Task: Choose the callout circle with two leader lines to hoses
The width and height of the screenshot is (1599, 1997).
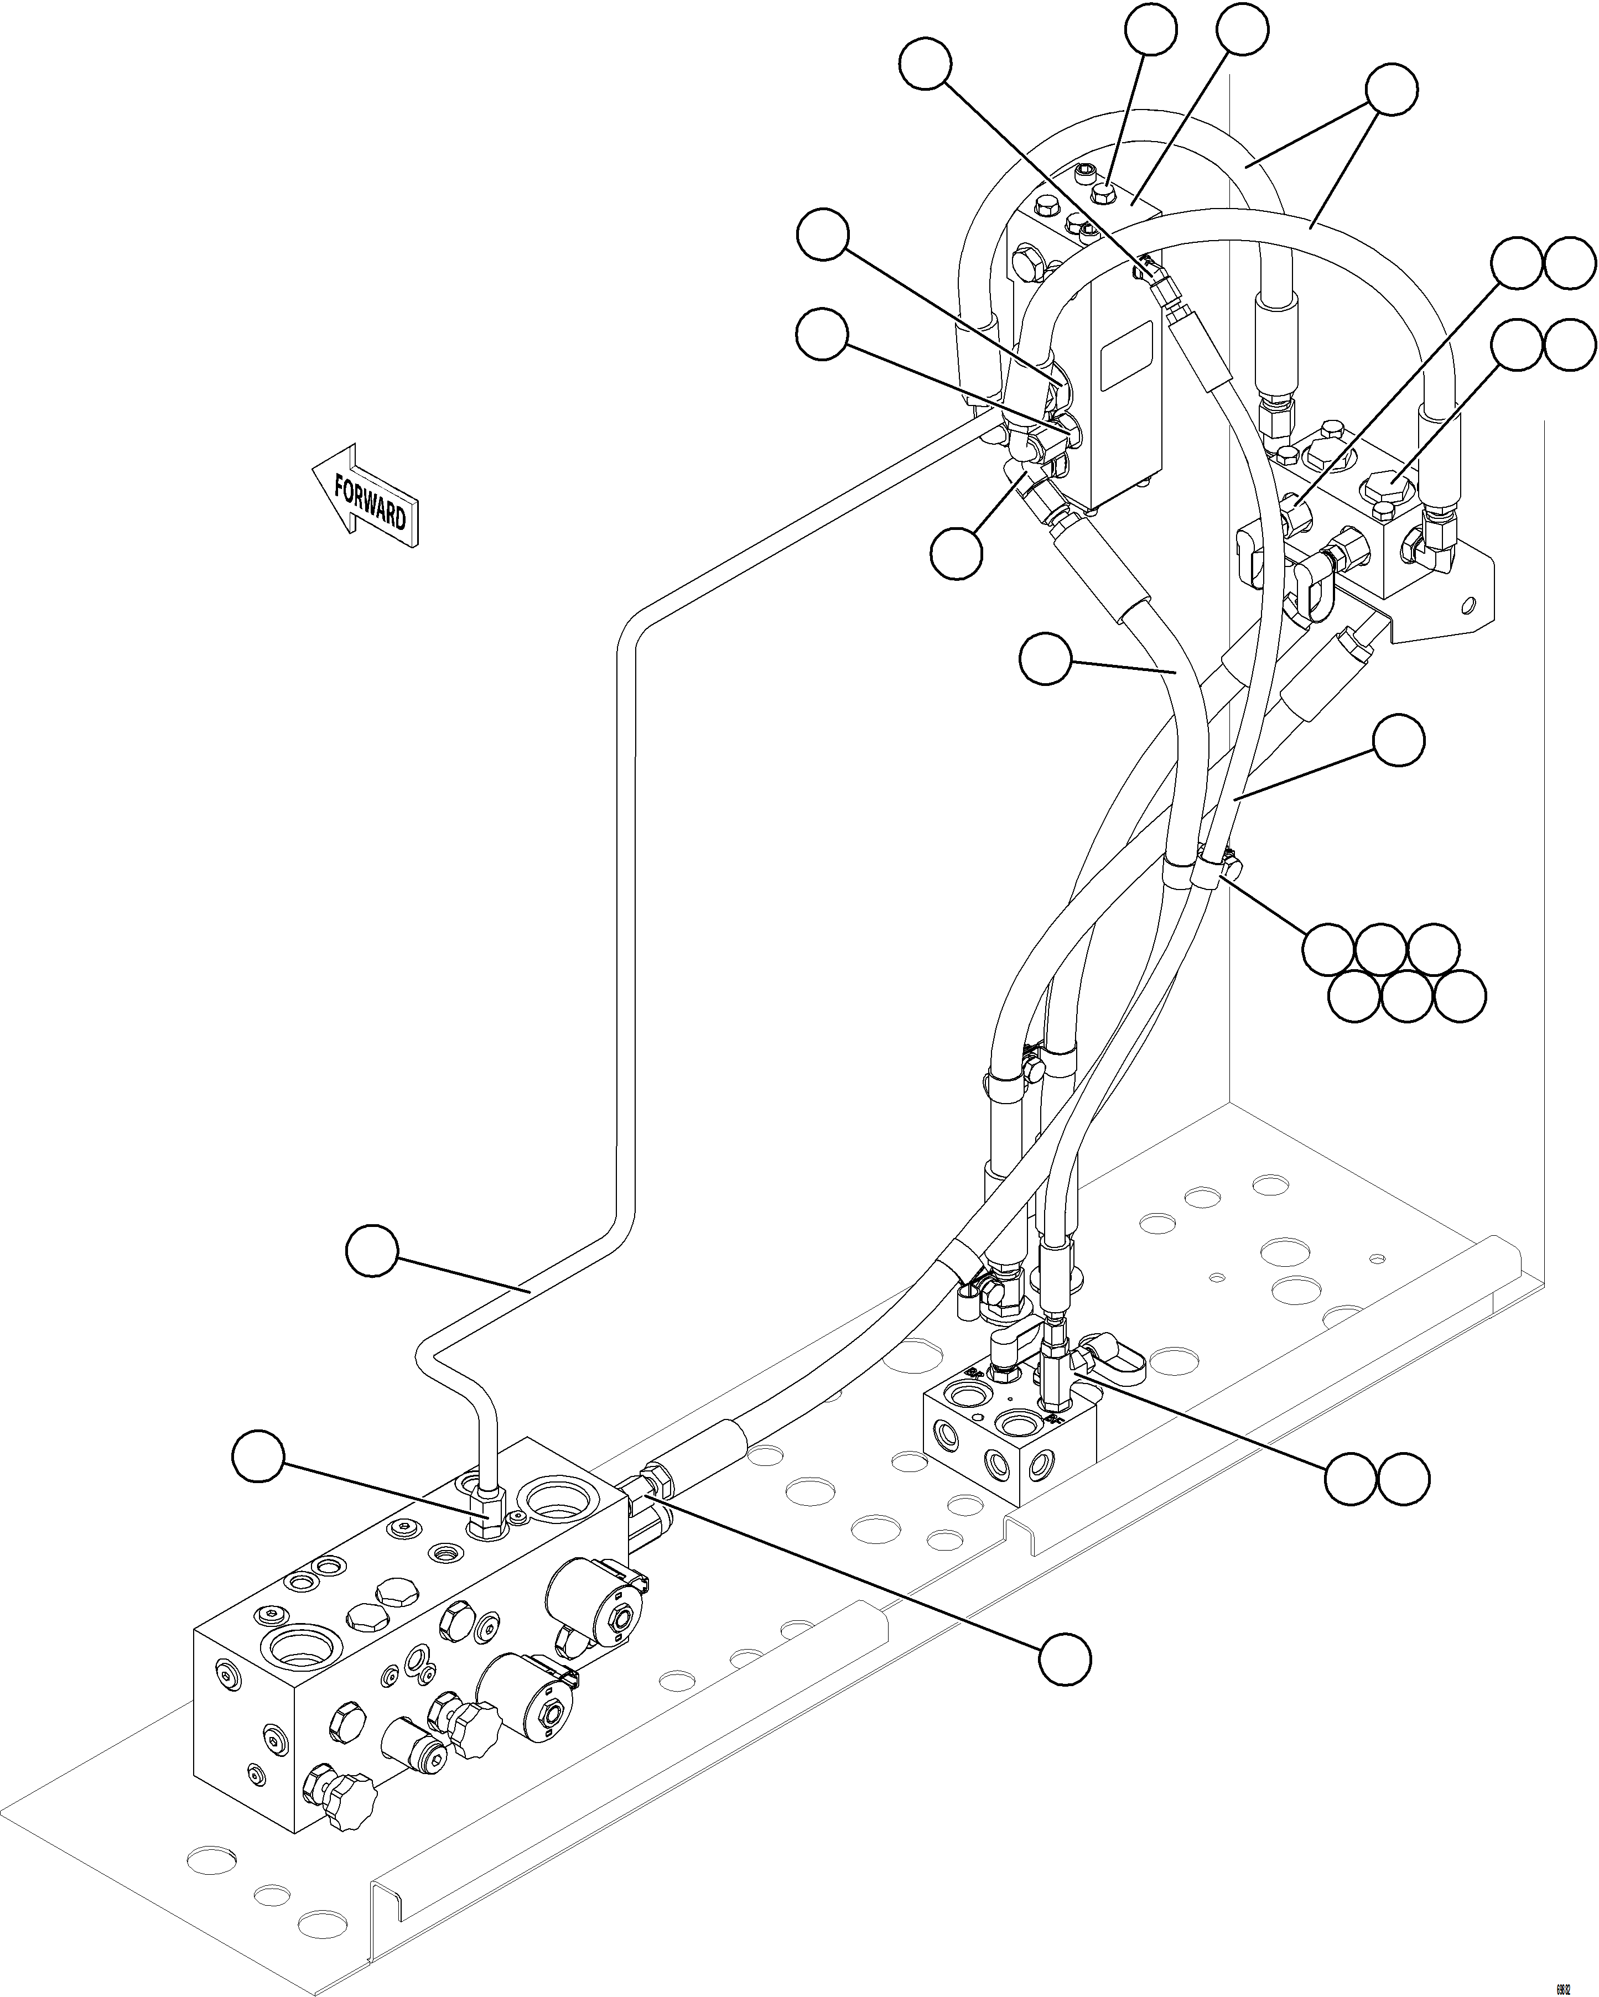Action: point(1393,90)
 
